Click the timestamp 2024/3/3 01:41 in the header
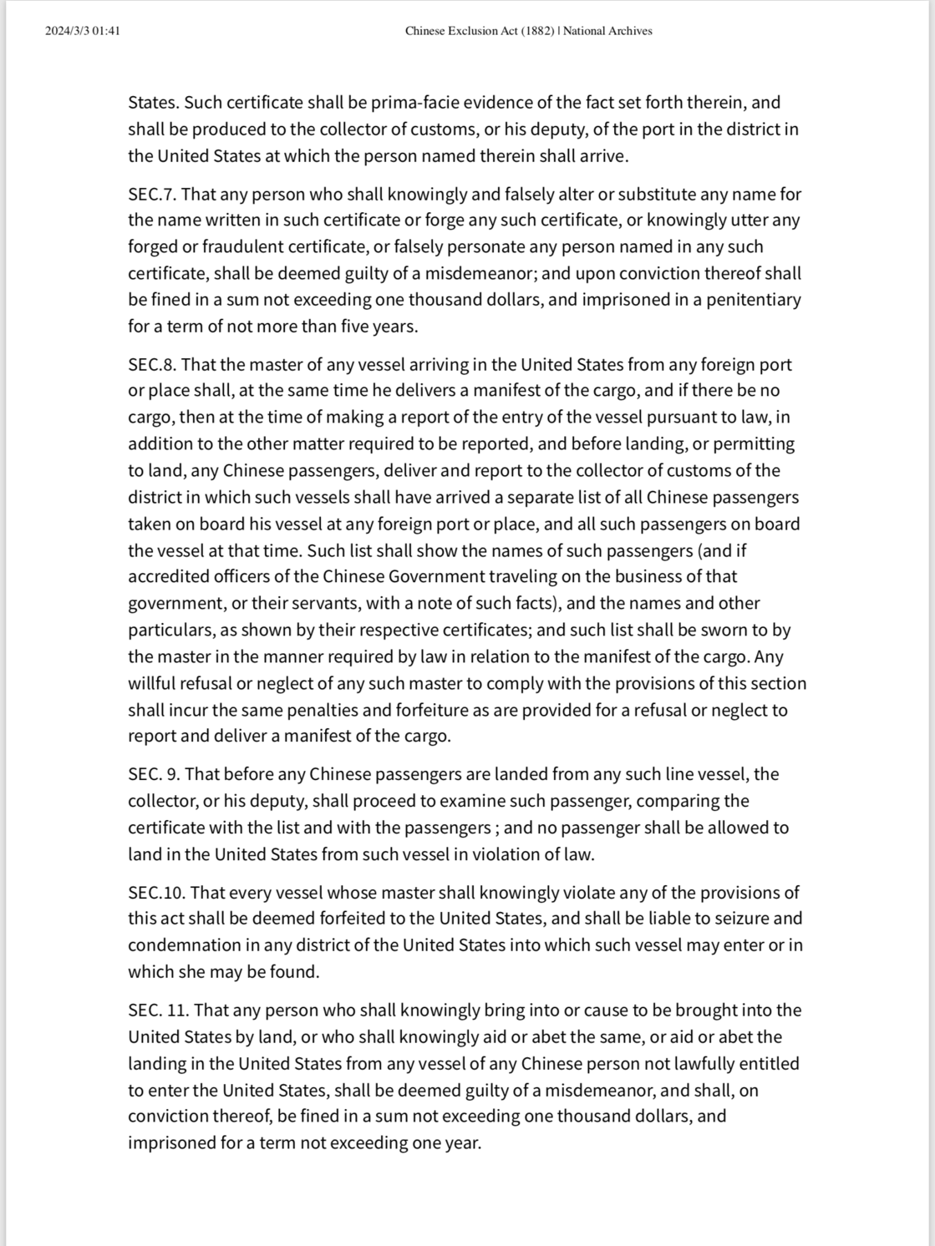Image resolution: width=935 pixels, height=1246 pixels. pyautogui.click(x=83, y=31)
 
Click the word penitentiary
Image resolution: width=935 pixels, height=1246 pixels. pyautogui.click(x=753, y=300)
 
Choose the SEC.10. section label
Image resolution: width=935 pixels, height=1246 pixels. pyautogui.click(x=156, y=893)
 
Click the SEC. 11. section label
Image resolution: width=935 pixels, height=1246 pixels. pyautogui.click(x=158, y=1010)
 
